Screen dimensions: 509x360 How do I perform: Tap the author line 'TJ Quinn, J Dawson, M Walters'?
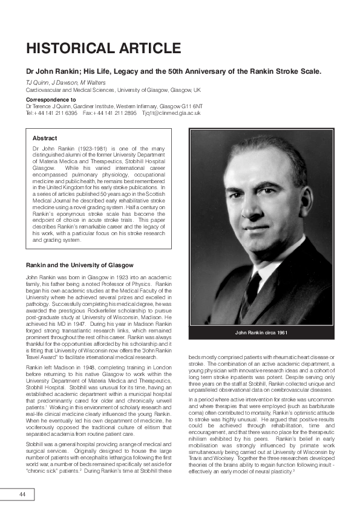tap(57, 82)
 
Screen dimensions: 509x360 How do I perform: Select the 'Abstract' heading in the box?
tap(45, 138)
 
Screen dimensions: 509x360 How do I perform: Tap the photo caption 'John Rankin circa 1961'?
tap(262, 334)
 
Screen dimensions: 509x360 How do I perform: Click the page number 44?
tap(22, 494)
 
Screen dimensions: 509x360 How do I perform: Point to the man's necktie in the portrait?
tap(253, 284)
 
